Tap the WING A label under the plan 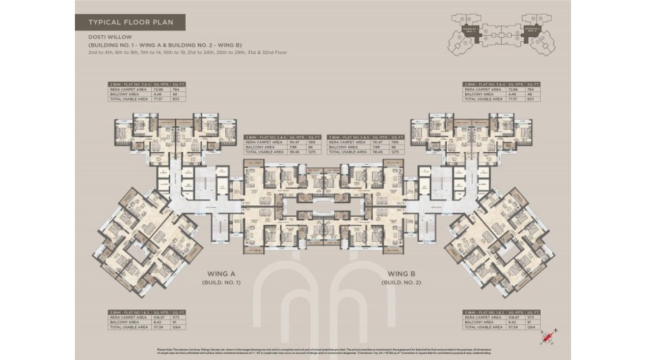point(221,274)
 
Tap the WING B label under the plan point(401,274)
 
